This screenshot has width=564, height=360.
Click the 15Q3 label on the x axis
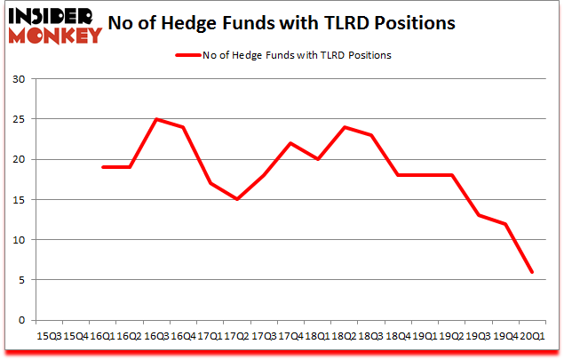(47, 336)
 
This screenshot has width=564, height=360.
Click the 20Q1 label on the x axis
(533, 336)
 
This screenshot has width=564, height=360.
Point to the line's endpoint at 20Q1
(533, 272)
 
